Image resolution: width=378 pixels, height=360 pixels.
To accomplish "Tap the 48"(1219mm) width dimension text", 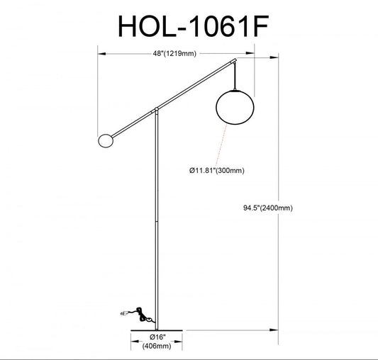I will [x=174, y=53].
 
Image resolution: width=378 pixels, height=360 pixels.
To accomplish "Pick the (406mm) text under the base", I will [x=157, y=347].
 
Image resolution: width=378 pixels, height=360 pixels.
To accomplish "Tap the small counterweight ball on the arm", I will [x=104, y=140].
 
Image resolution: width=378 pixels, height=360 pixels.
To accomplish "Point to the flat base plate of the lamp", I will [x=157, y=329].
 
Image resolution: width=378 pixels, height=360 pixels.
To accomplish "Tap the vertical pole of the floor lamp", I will [x=157, y=227].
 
